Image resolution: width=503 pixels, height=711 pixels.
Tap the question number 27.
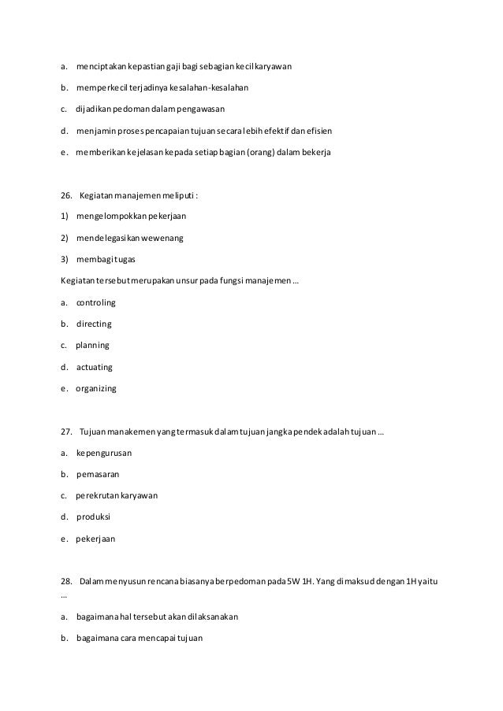pos(67,432)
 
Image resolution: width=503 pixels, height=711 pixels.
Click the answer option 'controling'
pos(96,302)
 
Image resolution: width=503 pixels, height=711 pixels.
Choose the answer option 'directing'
pos(94,324)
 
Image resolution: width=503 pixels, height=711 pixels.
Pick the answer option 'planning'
pos(92,345)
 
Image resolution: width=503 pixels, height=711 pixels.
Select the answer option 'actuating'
pos(95,367)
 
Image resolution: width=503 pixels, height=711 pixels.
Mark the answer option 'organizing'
pos(96,388)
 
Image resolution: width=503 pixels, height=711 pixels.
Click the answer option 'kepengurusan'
pos(104,454)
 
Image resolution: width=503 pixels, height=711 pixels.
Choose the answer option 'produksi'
pos(93,517)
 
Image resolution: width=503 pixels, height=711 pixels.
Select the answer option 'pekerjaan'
pos(95,539)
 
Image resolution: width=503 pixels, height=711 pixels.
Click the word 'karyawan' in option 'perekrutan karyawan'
pos(140,496)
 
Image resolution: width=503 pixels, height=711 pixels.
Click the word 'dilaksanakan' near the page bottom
pos(211,617)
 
